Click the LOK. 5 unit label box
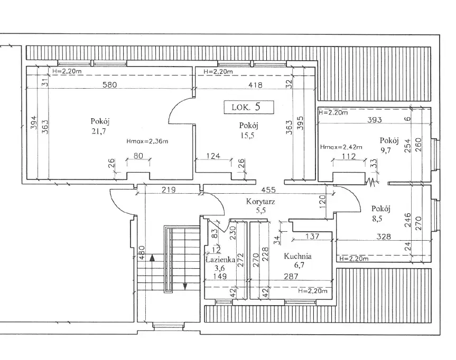point(249,107)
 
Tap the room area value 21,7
point(99,131)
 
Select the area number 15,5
point(247,136)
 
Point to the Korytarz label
point(260,201)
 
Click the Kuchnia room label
point(297,256)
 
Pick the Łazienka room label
point(220,260)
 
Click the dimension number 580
point(109,84)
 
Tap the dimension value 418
point(256,85)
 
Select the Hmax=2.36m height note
point(147,141)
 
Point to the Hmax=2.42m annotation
point(341,147)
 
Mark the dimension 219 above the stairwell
point(169,190)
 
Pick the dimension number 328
point(384,237)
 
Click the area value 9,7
point(385,150)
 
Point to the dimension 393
point(375,120)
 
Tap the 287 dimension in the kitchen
point(291,276)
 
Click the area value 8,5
point(377,219)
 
